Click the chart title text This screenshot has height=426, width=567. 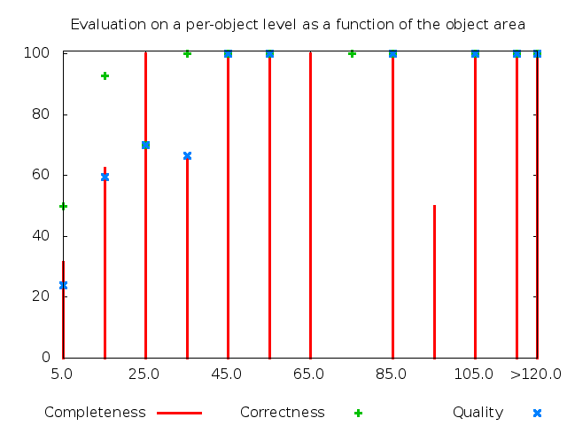pos(298,24)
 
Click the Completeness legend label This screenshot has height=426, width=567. pos(95,413)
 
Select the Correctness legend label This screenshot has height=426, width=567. pos(282,413)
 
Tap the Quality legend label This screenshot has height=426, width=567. pos(478,413)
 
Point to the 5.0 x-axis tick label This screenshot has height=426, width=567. pos(62,374)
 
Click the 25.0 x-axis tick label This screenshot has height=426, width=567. pos(144,374)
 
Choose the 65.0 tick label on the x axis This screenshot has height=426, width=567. pos(309,374)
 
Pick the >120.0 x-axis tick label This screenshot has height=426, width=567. pos(535,374)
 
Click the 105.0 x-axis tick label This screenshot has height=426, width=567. pos(474,374)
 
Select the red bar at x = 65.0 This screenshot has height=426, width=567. pos(310,204)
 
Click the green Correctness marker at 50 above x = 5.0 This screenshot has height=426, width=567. pos(63,206)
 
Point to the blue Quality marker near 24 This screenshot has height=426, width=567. pos(63,285)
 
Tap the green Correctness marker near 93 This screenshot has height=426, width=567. pos(105,75)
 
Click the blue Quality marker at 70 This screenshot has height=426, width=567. pos(145,145)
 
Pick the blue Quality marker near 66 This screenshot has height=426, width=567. pos(187,156)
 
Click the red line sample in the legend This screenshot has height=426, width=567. pos(180,413)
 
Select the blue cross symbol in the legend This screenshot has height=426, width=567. pos(537,413)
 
